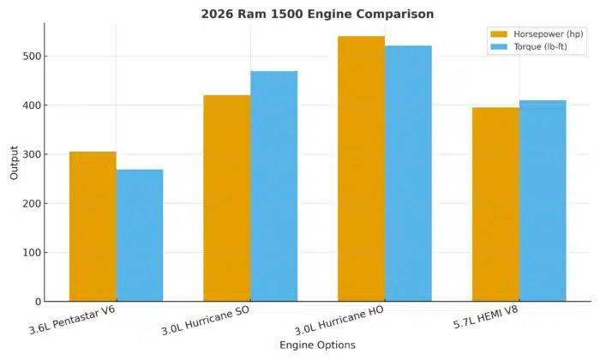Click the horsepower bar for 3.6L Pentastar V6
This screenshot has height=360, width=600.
93,226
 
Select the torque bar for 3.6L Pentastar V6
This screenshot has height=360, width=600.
140,236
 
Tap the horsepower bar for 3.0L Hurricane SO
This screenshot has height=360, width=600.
226,198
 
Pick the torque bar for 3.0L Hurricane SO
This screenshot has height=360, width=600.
273,186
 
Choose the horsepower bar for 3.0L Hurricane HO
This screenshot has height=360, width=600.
361,169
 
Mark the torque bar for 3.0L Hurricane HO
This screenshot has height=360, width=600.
408,173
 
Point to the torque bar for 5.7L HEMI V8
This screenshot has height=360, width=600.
543,201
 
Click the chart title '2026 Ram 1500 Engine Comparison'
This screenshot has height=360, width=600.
317,14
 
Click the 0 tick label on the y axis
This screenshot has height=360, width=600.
38,302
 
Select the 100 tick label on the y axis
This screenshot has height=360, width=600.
33,253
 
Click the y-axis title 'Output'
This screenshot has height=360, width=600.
14,163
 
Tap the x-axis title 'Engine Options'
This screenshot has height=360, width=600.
317,345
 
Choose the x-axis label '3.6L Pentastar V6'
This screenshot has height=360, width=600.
73,321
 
